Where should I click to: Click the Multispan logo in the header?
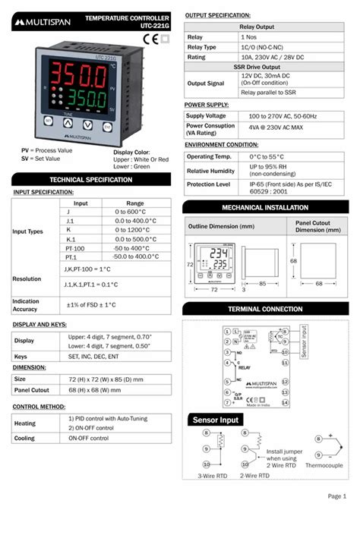click(43, 22)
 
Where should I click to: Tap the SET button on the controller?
click(48, 122)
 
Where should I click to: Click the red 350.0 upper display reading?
click(77, 77)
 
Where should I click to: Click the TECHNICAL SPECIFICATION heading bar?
click(90, 180)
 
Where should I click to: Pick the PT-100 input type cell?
click(75, 248)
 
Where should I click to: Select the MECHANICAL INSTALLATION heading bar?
click(266, 207)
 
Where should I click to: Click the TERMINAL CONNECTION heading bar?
click(266, 310)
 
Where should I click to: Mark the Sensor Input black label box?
click(215, 420)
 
